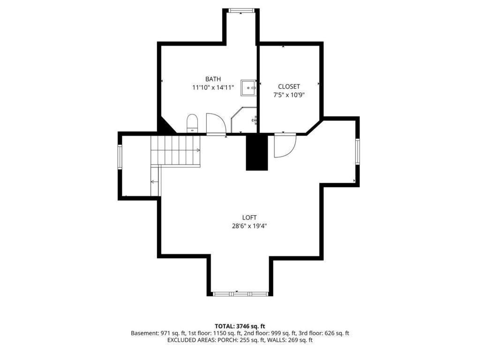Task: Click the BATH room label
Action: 213,79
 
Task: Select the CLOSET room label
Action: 289,86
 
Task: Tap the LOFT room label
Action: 249,217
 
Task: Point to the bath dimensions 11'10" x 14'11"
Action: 213,87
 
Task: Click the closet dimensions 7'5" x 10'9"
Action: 289,94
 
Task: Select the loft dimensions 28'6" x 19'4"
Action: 249,225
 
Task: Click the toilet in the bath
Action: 193,123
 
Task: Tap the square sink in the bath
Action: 248,88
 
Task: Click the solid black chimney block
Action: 256,152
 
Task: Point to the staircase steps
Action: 175,150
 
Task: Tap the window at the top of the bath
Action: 241,10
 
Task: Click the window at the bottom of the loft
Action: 240,294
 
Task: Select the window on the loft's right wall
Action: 357,151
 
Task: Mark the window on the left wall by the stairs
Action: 120,157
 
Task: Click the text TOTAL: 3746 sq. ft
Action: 240,326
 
